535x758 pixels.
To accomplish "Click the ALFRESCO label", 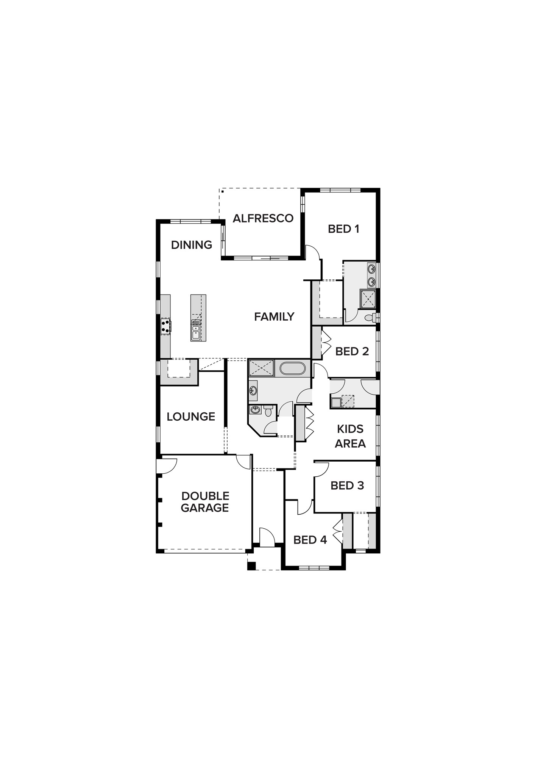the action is click(263, 218).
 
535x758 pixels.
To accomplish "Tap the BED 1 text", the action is click(343, 229).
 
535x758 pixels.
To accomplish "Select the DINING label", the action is click(192, 245).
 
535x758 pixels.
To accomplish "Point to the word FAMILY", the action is click(274, 316).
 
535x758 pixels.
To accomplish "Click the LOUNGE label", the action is click(191, 417).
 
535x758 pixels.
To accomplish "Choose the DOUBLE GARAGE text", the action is click(205, 502).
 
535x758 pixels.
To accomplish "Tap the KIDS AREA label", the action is click(350, 436).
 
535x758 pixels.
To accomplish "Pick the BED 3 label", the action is click(347, 485).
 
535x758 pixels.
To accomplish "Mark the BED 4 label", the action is click(310, 540).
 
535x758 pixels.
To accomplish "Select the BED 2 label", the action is click(352, 351).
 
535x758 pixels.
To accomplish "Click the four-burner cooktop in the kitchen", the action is click(166, 326).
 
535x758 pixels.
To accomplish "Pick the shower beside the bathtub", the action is click(261, 368).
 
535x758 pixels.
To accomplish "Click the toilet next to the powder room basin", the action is click(268, 410).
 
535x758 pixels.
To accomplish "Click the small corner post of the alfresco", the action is click(223, 191).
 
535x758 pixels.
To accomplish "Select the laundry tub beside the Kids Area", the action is click(336, 402).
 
